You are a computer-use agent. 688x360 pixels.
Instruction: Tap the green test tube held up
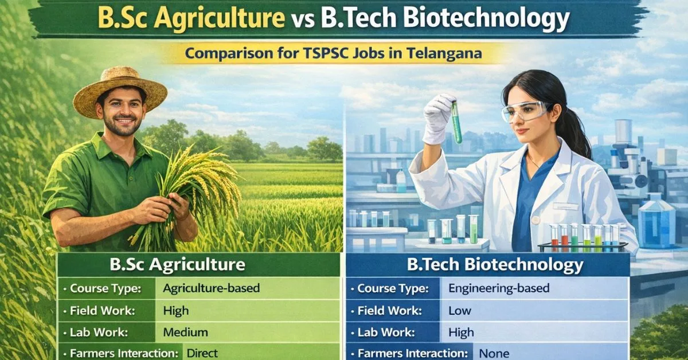click(456, 122)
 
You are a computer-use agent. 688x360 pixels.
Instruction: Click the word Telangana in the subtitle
click(444, 53)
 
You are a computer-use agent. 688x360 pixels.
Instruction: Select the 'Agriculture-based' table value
click(212, 288)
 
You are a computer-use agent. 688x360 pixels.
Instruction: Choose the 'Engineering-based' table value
click(499, 288)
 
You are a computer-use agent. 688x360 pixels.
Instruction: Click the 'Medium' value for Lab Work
click(186, 332)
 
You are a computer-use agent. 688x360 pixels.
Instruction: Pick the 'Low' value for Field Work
click(459, 311)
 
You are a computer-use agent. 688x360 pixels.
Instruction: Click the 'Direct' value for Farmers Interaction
click(202, 353)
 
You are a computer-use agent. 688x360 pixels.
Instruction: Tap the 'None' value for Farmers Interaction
click(494, 353)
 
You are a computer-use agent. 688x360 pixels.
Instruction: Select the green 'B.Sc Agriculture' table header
click(199, 265)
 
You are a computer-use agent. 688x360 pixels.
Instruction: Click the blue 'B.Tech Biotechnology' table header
click(488, 265)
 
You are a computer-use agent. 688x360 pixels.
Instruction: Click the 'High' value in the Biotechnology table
click(461, 332)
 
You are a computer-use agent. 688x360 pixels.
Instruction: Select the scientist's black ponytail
click(577, 132)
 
